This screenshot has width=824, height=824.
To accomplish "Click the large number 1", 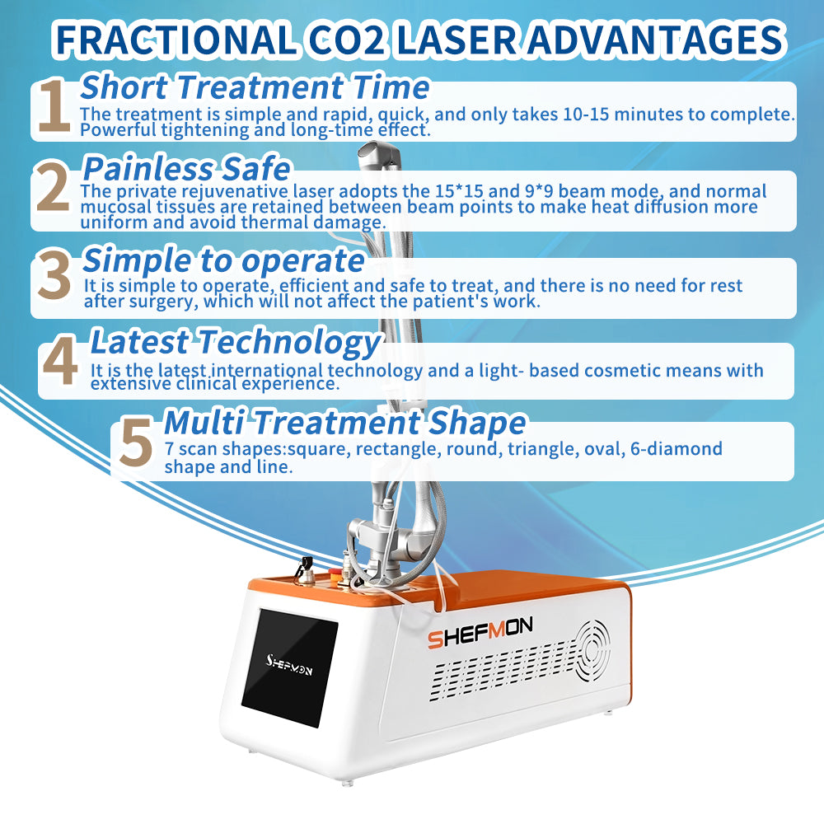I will coord(54,107).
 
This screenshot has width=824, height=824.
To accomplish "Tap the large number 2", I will coord(54,187).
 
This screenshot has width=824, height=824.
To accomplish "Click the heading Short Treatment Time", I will coord(255,87).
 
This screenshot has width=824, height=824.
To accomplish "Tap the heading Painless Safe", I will coord(187,168).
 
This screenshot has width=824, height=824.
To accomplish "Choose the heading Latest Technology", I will coord(235,340).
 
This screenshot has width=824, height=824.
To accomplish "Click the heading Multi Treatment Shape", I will coord(345,422).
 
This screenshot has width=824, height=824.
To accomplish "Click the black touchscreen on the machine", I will coord(289,666).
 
